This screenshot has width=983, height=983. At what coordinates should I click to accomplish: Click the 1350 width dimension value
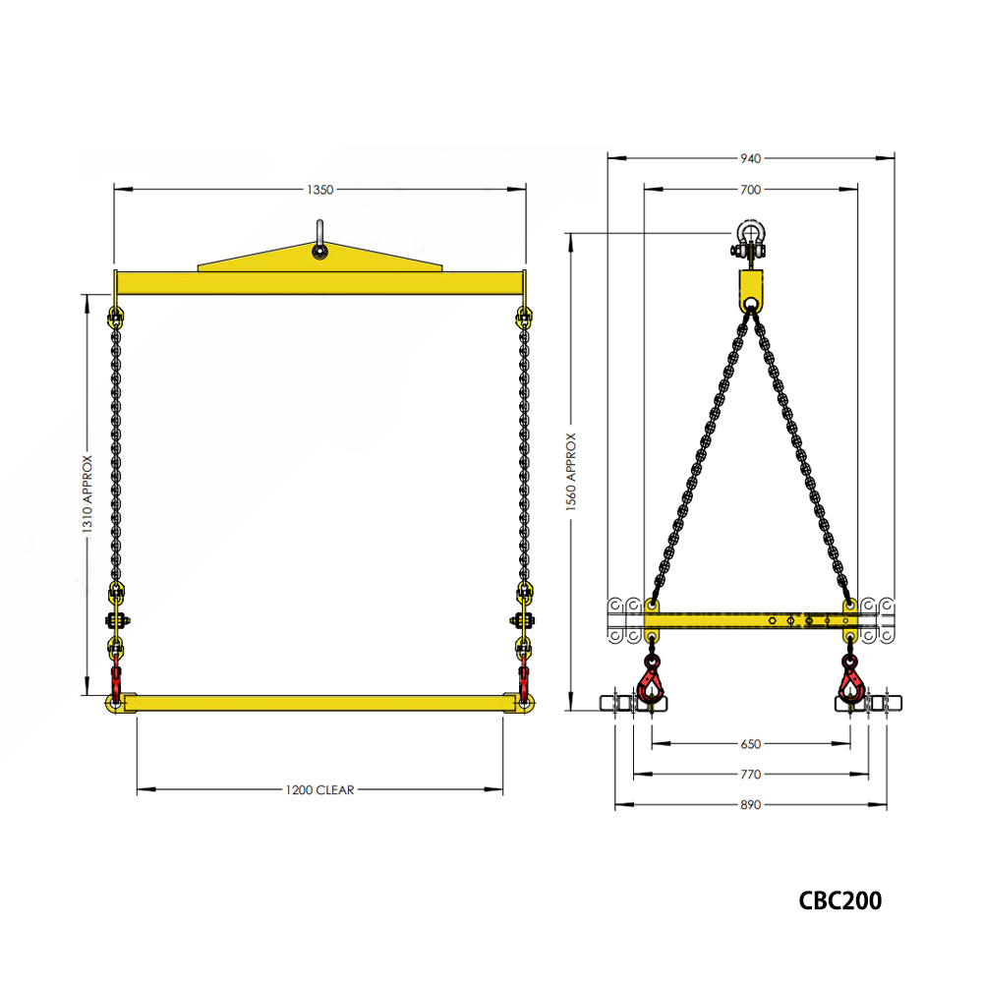[x=319, y=189]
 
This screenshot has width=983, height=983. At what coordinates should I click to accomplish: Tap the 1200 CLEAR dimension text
[x=319, y=789]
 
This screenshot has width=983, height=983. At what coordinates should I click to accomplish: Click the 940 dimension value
[x=750, y=157]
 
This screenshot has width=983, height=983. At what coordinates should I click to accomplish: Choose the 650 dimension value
[x=750, y=744]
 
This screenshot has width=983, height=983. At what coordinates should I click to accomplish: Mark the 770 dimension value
[x=750, y=775]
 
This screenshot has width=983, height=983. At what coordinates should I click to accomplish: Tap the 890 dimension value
[x=750, y=805]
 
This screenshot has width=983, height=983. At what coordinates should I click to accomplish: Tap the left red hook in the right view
[x=651, y=680]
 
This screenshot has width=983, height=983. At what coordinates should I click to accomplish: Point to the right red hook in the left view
[x=524, y=680]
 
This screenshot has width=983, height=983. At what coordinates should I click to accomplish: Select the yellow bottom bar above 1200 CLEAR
[x=319, y=703]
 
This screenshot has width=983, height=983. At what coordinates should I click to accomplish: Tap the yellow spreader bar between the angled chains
[x=750, y=620]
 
